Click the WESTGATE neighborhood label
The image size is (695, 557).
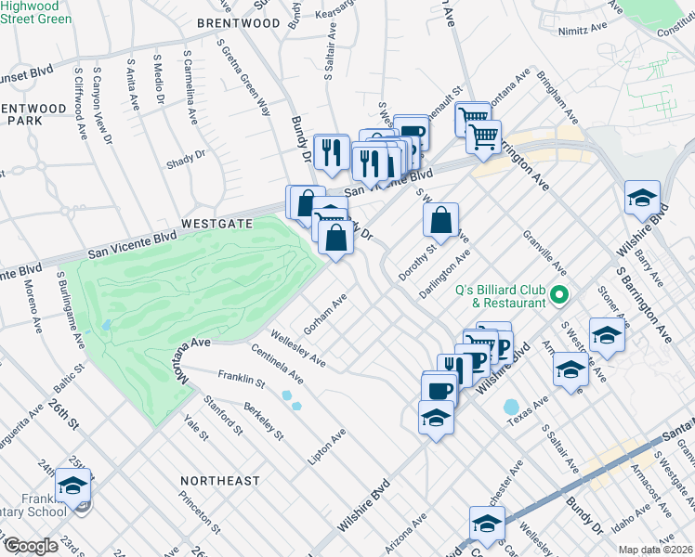coord(217,224)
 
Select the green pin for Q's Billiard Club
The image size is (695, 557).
coord(558,296)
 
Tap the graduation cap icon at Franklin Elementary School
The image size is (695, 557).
coord(72,485)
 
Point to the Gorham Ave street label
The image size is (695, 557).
coord(325,316)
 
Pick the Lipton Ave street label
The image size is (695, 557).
coord(327,447)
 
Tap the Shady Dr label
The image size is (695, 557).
coord(186,161)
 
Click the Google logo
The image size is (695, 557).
coord(31,546)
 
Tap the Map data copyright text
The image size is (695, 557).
coord(656,550)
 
